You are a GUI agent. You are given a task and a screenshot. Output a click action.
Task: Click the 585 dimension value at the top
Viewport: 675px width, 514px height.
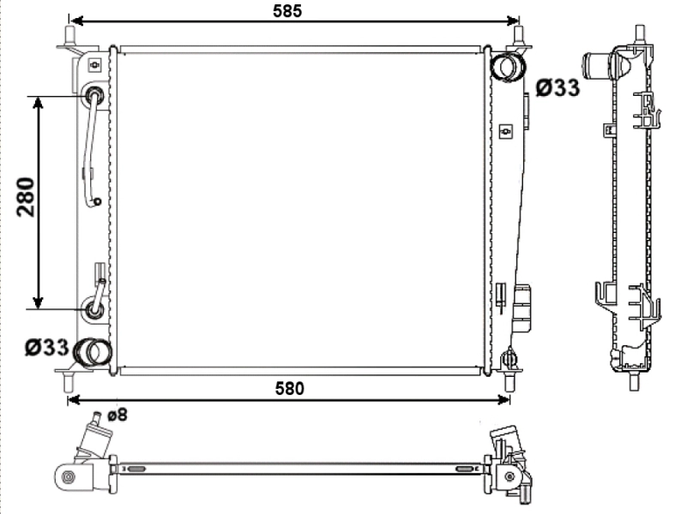click(287, 11)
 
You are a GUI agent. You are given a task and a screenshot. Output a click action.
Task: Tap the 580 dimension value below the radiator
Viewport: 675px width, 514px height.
click(289, 388)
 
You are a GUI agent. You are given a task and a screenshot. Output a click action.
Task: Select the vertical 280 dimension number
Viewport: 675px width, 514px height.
click(26, 196)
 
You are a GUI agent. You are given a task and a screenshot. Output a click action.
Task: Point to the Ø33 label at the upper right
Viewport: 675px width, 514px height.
click(557, 87)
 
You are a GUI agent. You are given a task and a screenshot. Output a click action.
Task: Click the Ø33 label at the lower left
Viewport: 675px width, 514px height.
click(47, 347)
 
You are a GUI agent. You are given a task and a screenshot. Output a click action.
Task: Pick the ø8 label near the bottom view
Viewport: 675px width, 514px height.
click(118, 415)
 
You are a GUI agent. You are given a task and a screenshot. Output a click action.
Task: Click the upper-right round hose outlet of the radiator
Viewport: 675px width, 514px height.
click(508, 67)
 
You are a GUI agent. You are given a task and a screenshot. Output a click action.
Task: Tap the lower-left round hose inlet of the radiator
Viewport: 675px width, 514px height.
click(93, 352)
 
